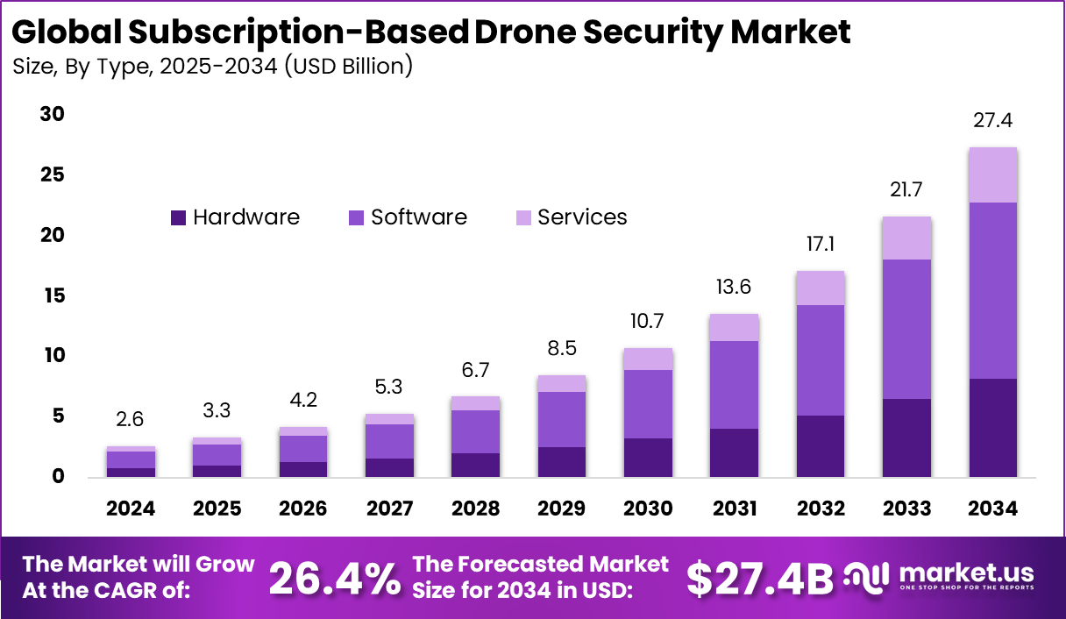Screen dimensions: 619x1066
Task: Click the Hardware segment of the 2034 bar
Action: pyautogui.click(x=992, y=427)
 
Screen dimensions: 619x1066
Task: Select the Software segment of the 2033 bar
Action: pyautogui.click(x=906, y=329)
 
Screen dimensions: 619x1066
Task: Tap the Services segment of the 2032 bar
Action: pyautogui.click(x=821, y=288)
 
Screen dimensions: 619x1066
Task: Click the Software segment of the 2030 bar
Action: pyautogui.click(x=648, y=403)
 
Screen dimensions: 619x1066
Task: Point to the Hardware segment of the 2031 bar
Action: pyautogui.click(x=734, y=452)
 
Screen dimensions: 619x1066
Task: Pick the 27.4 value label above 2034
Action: pyautogui.click(x=992, y=121)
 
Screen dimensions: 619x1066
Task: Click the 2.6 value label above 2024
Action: pyautogui.click(x=131, y=420)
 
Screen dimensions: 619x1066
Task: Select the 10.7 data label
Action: pyautogui.click(x=648, y=321)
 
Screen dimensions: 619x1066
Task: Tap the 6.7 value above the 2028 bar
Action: pyautogui.click(x=476, y=369)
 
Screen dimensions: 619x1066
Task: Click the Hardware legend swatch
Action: pyautogui.click(x=179, y=218)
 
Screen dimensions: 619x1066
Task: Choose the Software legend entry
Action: pyautogui.click(x=418, y=217)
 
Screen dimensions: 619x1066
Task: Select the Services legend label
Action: pyautogui.click(x=582, y=217)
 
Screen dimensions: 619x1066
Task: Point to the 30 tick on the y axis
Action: pyautogui.click(x=53, y=115)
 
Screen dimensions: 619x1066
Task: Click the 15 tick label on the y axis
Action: pyautogui.click(x=53, y=295)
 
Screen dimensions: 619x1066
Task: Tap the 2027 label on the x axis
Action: pyautogui.click(x=389, y=509)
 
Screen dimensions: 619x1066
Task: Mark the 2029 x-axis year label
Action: pyautogui.click(x=562, y=509)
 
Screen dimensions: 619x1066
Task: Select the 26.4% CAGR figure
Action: pyautogui.click(x=334, y=579)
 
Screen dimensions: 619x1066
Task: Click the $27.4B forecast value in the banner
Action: pyautogui.click(x=759, y=579)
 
